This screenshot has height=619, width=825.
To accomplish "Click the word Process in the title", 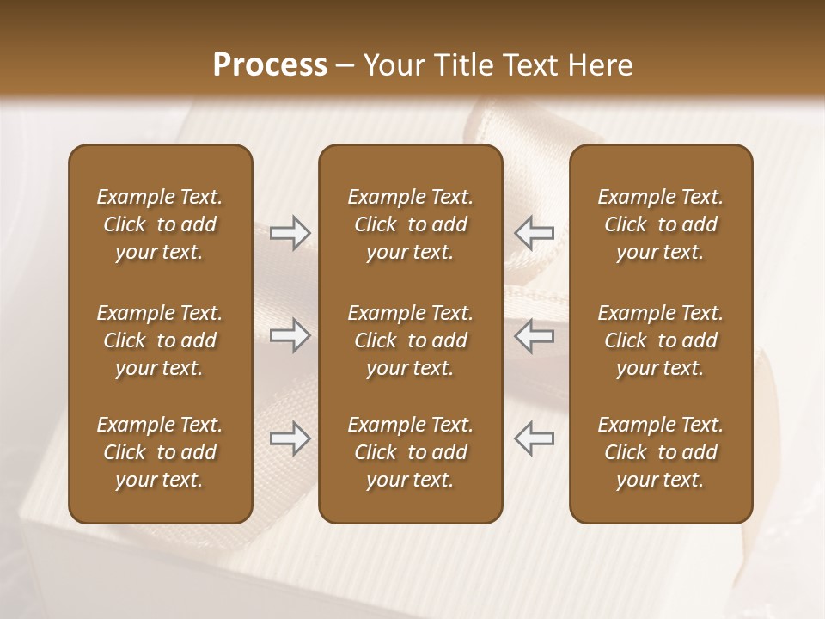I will click(270, 65).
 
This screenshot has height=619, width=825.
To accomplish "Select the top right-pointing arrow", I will click(290, 233).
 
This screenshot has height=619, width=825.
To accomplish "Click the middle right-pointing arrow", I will click(290, 335).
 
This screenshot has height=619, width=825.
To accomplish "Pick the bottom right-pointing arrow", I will click(290, 438).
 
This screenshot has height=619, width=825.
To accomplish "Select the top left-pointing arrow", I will click(534, 233).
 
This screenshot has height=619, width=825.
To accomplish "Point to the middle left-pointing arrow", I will click(534, 335).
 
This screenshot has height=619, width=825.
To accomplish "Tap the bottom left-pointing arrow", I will click(534, 438).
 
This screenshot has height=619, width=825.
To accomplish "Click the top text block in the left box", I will click(160, 224).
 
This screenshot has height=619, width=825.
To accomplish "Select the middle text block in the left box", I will click(160, 340).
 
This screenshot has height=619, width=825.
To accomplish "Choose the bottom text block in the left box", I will click(160, 452).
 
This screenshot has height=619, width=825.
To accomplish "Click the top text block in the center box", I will click(410, 224).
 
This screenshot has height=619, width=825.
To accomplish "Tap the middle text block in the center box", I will click(410, 340).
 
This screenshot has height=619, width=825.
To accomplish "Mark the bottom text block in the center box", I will click(410, 452).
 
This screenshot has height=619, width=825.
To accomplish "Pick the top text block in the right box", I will click(660, 224).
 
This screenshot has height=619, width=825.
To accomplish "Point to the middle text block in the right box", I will click(660, 340).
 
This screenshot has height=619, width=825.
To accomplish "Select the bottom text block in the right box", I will click(660, 452).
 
